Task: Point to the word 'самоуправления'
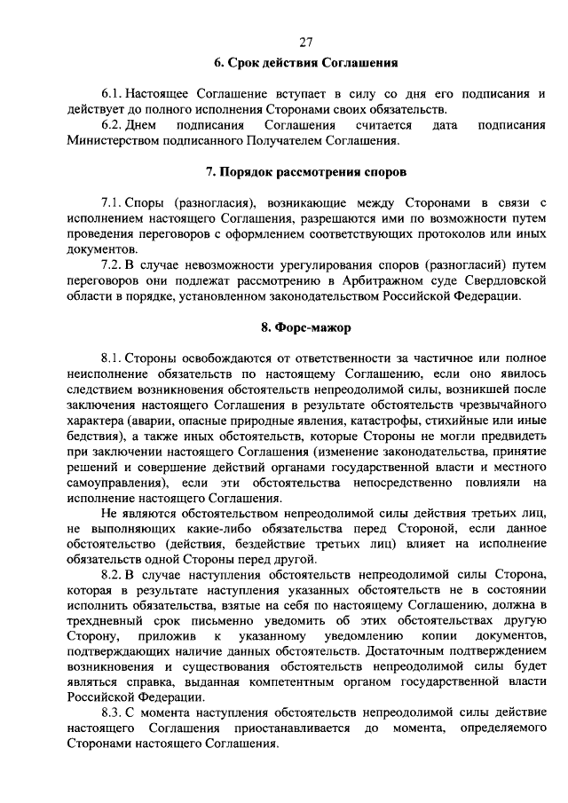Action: click(115, 484)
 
